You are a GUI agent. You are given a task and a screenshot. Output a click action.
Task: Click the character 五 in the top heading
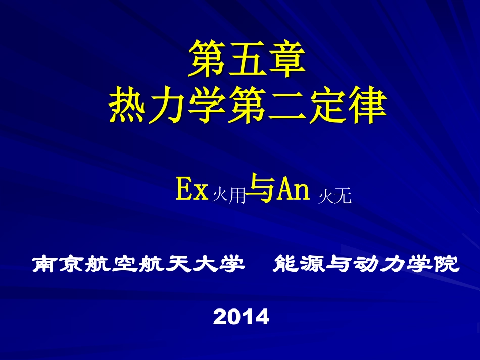click(247, 59)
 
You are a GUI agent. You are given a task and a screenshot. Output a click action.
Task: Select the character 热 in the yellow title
click(128, 106)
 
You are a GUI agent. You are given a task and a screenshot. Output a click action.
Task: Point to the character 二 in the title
click(287, 106)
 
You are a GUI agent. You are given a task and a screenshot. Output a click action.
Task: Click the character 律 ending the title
click(367, 106)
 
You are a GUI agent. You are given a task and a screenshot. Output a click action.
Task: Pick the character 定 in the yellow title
click(327, 106)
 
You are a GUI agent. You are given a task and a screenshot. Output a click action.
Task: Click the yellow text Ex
click(192, 191)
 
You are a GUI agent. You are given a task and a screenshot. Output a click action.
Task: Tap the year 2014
click(242, 317)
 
